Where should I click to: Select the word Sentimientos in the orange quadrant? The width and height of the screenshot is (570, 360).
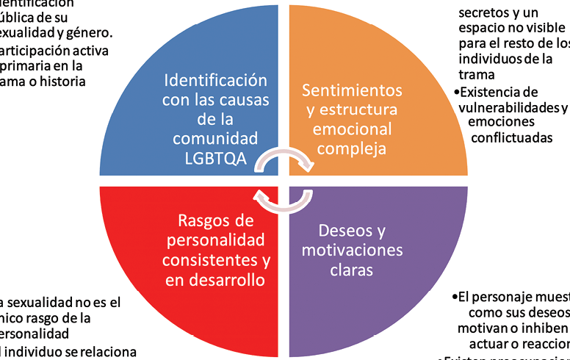(x=353, y=90)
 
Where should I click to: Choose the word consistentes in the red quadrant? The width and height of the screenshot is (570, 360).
(x=207, y=261)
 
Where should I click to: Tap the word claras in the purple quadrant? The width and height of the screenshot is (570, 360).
(x=353, y=270)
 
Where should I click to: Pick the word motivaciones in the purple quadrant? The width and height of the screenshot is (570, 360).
(x=353, y=251)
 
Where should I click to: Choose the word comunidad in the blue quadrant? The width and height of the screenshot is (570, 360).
(x=216, y=137)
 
